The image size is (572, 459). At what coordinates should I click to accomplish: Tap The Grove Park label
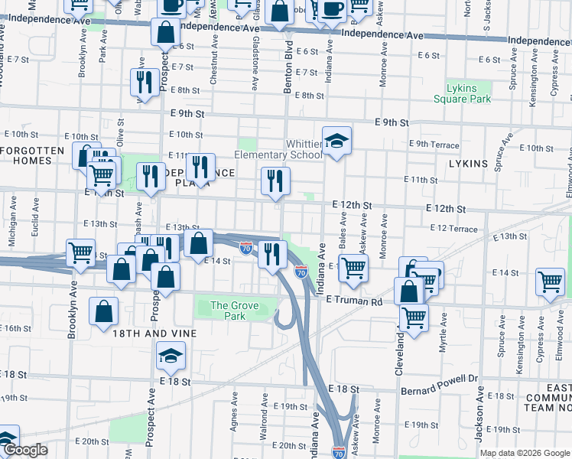click(235, 311)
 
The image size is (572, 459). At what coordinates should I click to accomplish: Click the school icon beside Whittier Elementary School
click(336, 142)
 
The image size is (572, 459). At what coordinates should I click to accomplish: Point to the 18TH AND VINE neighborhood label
click(154, 334)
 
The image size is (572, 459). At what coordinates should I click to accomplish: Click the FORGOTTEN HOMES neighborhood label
click(32, 155)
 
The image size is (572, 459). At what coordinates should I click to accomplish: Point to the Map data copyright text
click(524, 452)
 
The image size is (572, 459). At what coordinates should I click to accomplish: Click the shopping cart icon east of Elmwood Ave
click(550, 282)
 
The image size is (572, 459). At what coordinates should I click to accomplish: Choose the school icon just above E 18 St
click(171, 354)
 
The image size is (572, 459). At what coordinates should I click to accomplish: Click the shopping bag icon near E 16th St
click(103, 311)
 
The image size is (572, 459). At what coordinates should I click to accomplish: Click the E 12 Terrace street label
click(454, 229)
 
